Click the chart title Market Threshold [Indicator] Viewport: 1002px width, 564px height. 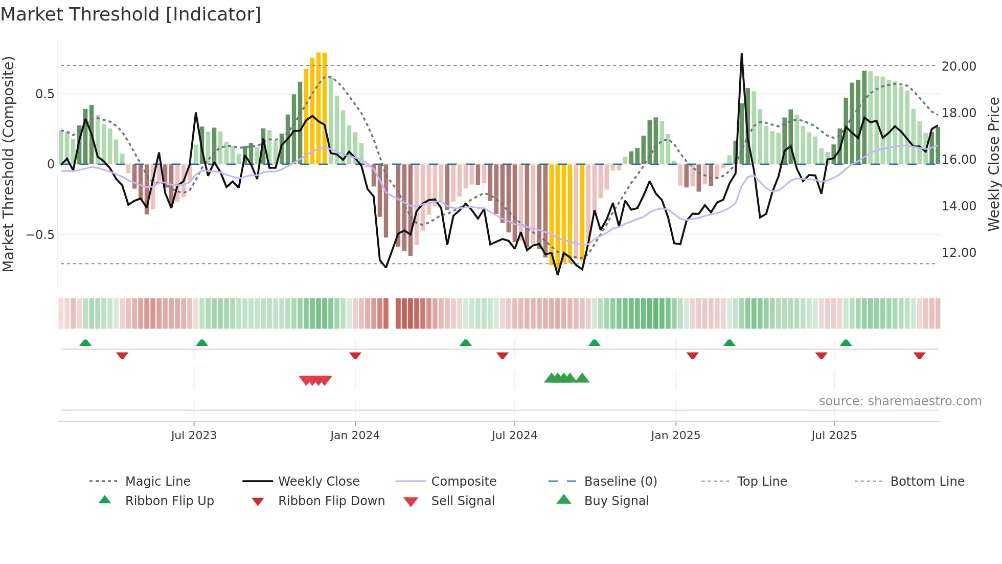pos(131,14)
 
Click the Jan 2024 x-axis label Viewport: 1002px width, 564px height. pos(355,436)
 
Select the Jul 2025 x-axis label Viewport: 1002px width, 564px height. pos(834,436)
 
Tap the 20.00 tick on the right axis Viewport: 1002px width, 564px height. pos(959,66)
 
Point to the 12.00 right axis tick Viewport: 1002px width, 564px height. pos(959,252)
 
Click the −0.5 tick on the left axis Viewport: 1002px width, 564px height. pos(40,234)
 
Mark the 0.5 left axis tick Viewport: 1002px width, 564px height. pos(44,94)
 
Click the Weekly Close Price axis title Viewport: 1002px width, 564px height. pos(993,164)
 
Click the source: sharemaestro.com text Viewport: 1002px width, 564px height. pos(900,401)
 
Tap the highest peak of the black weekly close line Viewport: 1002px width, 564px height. pos(741,54)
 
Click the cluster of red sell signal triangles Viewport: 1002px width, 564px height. pos(315,380)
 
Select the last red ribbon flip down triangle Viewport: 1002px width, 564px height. pos(919,355)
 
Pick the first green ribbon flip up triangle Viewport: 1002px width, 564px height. pos(85,343)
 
